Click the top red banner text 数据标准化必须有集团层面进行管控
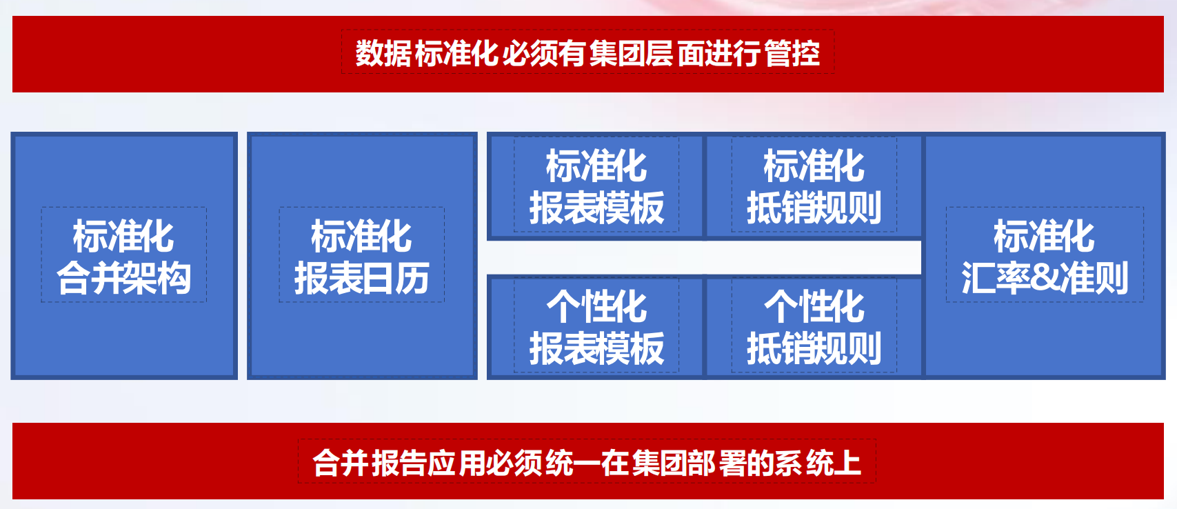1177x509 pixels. [x=587, y=53]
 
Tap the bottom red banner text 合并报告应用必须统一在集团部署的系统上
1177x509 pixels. [x=586, y=463]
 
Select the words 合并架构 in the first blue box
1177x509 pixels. [x=124, y=278]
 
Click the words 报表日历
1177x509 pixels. [x=361, y=278]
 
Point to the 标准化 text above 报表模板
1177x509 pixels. [x=596, y=166]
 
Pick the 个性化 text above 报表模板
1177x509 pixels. [x=596, y=306]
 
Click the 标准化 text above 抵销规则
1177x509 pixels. [x=814, y=166]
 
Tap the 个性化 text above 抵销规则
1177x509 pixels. [x=814, y=306]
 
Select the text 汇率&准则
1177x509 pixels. [x=1045, y=278]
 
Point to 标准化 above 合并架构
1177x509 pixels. [x=123, y=236]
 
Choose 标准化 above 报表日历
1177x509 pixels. [x=361, y=236]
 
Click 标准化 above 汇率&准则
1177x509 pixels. [x=1044, y=236]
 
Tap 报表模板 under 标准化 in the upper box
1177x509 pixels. [x=596, y=208]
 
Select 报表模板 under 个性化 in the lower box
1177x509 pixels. [x=596, y=348]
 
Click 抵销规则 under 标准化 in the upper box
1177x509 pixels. [x=814, y=208]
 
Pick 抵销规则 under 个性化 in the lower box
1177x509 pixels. [x=814, y=348]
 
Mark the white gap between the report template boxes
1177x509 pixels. [x=704, y=258]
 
